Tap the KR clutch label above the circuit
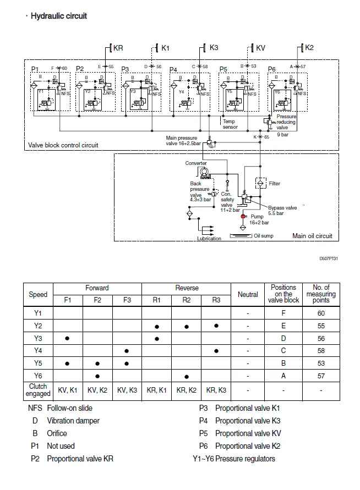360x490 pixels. pos(118,48)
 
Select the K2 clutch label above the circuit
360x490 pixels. pos(309,48)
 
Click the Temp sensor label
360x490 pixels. pos(230,124)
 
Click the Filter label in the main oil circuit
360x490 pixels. pos(275,183)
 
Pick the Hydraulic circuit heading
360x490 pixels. pos(58,16)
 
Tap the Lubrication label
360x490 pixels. pos(209,238)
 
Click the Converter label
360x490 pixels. pos(195,163)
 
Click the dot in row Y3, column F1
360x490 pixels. pos(67,338)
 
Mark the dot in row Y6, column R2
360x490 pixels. pos(187,376)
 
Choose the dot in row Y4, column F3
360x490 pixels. pos(127,351)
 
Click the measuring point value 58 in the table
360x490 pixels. pos(321,351)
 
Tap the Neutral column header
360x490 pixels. pos(248,294)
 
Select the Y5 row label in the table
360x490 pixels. pos(38,364)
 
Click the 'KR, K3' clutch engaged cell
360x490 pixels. pos(217,390)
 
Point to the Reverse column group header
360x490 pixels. pos(187,288)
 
